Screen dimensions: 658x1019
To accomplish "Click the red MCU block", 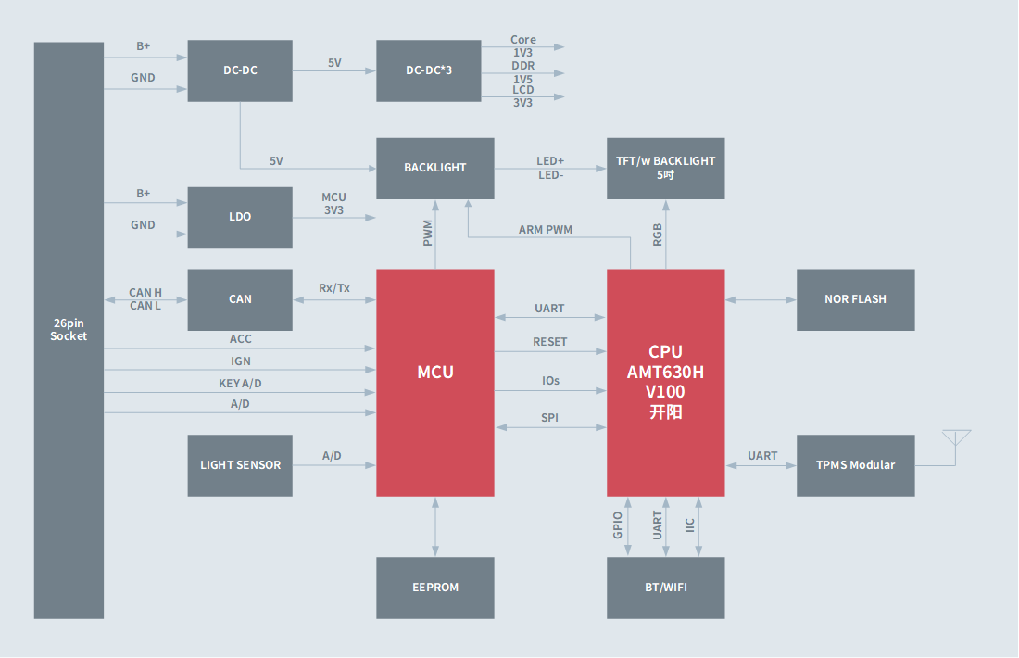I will tap(434, 382).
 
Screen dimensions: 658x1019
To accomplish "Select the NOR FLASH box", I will tap(855, 299).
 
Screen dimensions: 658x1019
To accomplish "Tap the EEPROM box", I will tap(434, 587).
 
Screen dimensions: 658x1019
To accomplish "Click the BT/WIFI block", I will tap(665, 587).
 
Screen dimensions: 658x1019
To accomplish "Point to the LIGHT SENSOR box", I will tap(240, 464).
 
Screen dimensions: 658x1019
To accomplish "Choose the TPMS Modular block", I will tap(855, 464).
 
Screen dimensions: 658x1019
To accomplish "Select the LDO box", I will tap(240, 217).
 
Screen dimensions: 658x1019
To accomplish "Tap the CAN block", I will tap(240, 299).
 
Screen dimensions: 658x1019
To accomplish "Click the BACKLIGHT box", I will tap(434, 168).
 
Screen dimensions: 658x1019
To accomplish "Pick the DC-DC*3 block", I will tap(428, 70).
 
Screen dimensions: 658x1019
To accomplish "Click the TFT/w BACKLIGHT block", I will tap(665, 168).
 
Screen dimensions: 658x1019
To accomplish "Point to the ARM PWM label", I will tap(546, 229).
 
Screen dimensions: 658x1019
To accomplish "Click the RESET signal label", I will tap(549, 341).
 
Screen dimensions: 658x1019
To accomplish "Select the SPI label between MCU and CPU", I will tap(549, 417).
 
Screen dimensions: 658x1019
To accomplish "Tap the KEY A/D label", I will tap(240, 383).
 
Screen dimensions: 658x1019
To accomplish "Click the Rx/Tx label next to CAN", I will tap(333, 287).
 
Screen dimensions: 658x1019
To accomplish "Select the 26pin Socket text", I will tap(69, 330).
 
